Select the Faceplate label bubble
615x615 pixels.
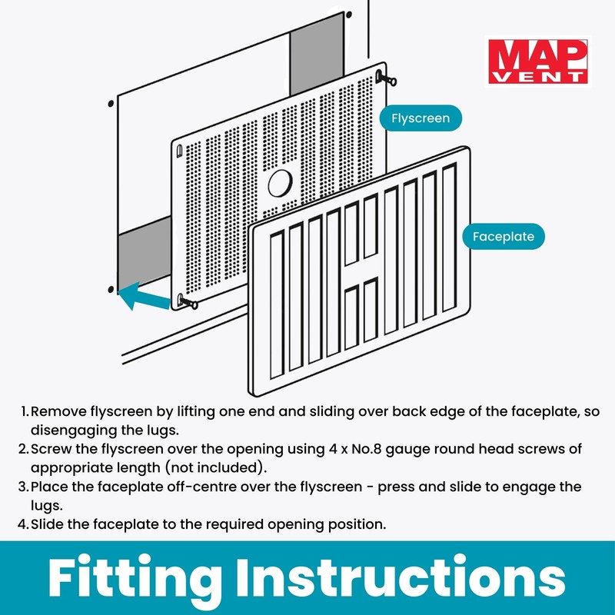pos(504,236)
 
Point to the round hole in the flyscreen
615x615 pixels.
pos(279,184)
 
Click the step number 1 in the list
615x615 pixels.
pos(24,411)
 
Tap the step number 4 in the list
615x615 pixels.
pos(24,524)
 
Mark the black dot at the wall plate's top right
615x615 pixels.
pos(349,15)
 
